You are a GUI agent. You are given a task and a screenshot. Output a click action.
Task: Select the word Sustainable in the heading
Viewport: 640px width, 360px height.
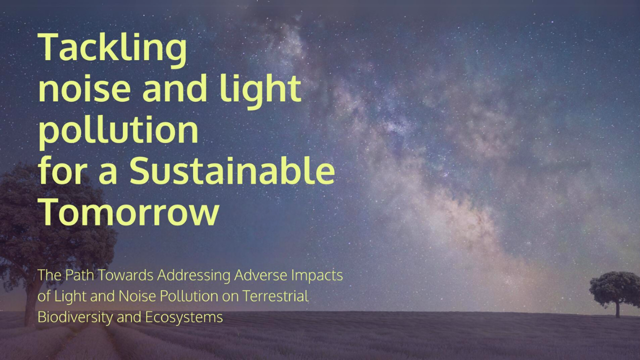pos(232,171)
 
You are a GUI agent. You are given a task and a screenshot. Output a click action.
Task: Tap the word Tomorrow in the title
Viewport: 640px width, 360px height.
pos(128,211)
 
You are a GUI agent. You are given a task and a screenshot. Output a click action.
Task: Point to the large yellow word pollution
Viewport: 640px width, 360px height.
pos(118,131)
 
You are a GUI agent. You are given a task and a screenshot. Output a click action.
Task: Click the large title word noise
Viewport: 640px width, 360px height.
pos(84,88)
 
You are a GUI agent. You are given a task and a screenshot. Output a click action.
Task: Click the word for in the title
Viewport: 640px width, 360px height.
pos(62,171)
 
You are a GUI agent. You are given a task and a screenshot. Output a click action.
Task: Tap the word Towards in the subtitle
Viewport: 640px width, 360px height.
pos(126,275)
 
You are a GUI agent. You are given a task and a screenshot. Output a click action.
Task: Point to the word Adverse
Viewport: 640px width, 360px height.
pos(260,275)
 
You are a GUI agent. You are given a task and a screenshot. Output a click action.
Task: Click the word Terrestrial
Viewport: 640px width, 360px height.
pos(275,296)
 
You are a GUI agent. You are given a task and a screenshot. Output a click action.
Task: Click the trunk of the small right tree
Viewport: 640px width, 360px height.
pos(617,309)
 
